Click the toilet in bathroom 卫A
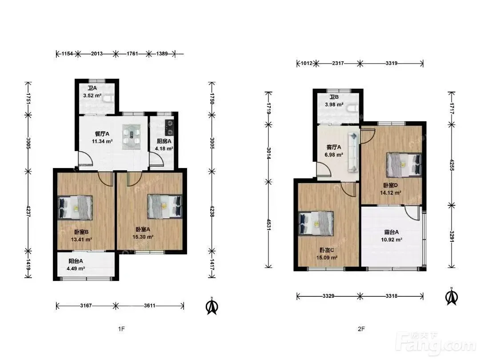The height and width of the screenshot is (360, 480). [108, 99]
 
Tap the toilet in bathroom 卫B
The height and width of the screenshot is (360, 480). [352, 108]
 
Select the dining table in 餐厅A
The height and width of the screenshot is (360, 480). [132, 137]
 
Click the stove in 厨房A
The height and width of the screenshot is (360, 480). [169, 128]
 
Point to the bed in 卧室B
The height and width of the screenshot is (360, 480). [75, 207]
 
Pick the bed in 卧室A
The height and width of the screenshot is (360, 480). [165, 206]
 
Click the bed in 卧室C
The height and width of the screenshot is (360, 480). [316, 224]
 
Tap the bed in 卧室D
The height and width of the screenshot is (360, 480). [404, 165]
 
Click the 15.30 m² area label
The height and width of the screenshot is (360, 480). [143, 236]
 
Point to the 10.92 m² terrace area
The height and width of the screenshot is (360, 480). [392, 240]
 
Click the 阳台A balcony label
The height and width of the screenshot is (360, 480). [76, 261]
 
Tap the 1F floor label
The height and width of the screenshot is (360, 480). [121, 329]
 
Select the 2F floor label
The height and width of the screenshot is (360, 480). [361, 329]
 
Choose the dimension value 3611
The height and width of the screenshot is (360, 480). [150, 305]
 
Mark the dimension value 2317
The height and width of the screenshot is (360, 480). [338, 64]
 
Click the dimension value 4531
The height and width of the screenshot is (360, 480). [268, 224]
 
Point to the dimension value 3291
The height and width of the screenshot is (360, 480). [452, 236]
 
